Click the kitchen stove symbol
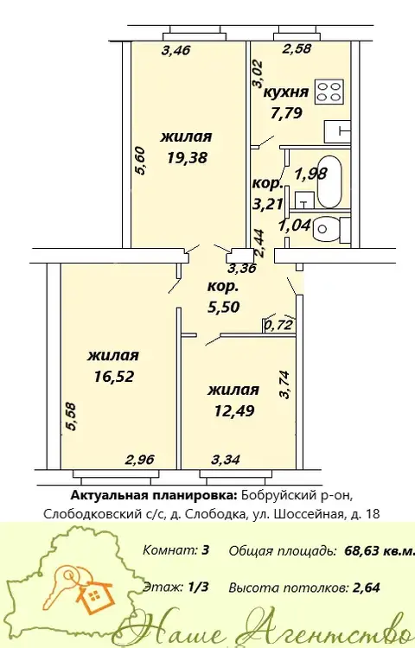[x=330, y=92]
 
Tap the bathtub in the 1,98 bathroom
[x=329, y=181]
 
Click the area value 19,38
[x=188, y=157]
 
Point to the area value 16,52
[x=114, y=377]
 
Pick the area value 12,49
[x=234, y=410]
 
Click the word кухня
[x=286, y=92]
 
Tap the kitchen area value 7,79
[x=286, y=112]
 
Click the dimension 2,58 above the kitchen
[x=297, y=48]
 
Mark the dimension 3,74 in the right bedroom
[x=284, y=384]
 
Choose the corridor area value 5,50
[x=224, y=307]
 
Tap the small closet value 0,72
[x=278, y=325]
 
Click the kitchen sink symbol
[x=337, y=131]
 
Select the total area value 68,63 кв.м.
[x=379, y=551]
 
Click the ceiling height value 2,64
[x=367, y=588]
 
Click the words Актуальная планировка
[x=154, y=496]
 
